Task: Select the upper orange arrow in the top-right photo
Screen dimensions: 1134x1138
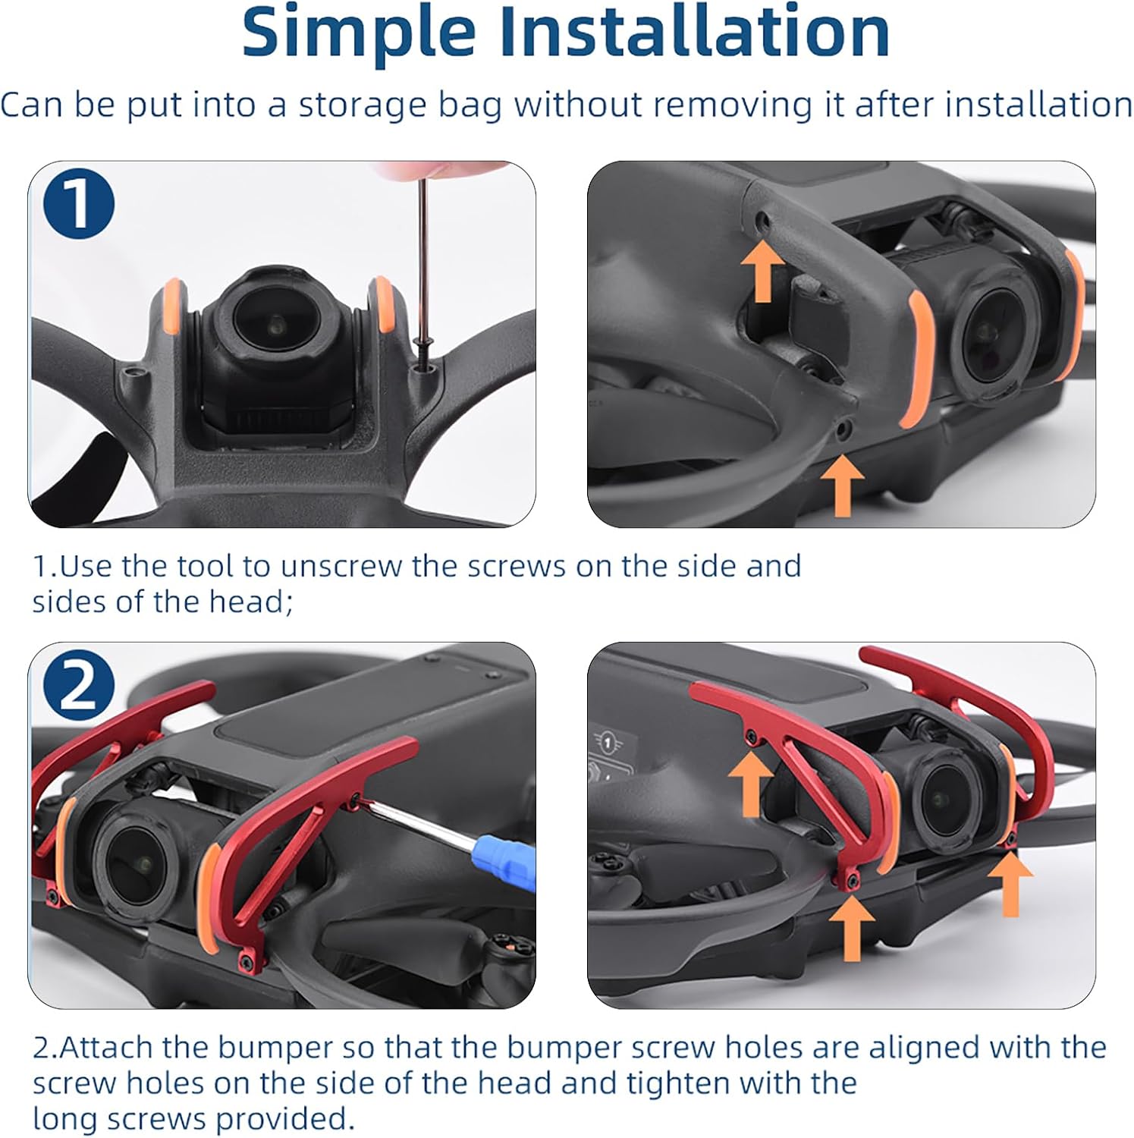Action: point(763,272)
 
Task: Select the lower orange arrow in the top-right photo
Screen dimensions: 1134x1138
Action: point(842,485)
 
